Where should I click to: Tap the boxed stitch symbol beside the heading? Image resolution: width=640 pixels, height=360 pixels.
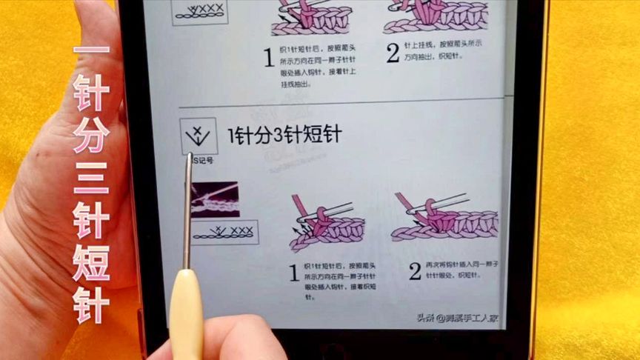click(199, 136)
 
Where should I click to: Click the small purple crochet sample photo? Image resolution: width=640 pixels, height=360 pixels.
click(216, 199)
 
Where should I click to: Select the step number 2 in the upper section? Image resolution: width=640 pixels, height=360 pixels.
click(393, 53)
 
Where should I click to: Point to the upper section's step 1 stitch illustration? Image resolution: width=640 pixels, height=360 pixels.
click(311, 19)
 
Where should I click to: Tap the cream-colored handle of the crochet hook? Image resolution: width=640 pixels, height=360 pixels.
click(186, 311)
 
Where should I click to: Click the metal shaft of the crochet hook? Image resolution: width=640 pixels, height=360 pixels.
click(187, 215)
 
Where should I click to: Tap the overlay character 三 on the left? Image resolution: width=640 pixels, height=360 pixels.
click(91, 181)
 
